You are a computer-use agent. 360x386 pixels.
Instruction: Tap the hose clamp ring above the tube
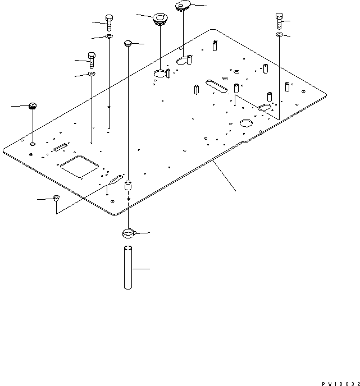(129, 233)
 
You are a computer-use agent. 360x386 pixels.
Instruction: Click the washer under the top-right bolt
(279, 35)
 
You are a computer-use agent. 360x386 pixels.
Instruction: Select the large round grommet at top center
(160, 20)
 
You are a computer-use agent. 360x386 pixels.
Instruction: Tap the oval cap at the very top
(183, 6)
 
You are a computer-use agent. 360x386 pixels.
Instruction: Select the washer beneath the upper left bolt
(108, 37)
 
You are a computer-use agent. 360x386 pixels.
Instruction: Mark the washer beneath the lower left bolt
(91, 73)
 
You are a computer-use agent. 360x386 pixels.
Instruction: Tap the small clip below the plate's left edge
(56, 197)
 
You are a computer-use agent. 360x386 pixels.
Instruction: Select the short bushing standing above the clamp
(129, 185)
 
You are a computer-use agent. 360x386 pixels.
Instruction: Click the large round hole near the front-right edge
(247, 123)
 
